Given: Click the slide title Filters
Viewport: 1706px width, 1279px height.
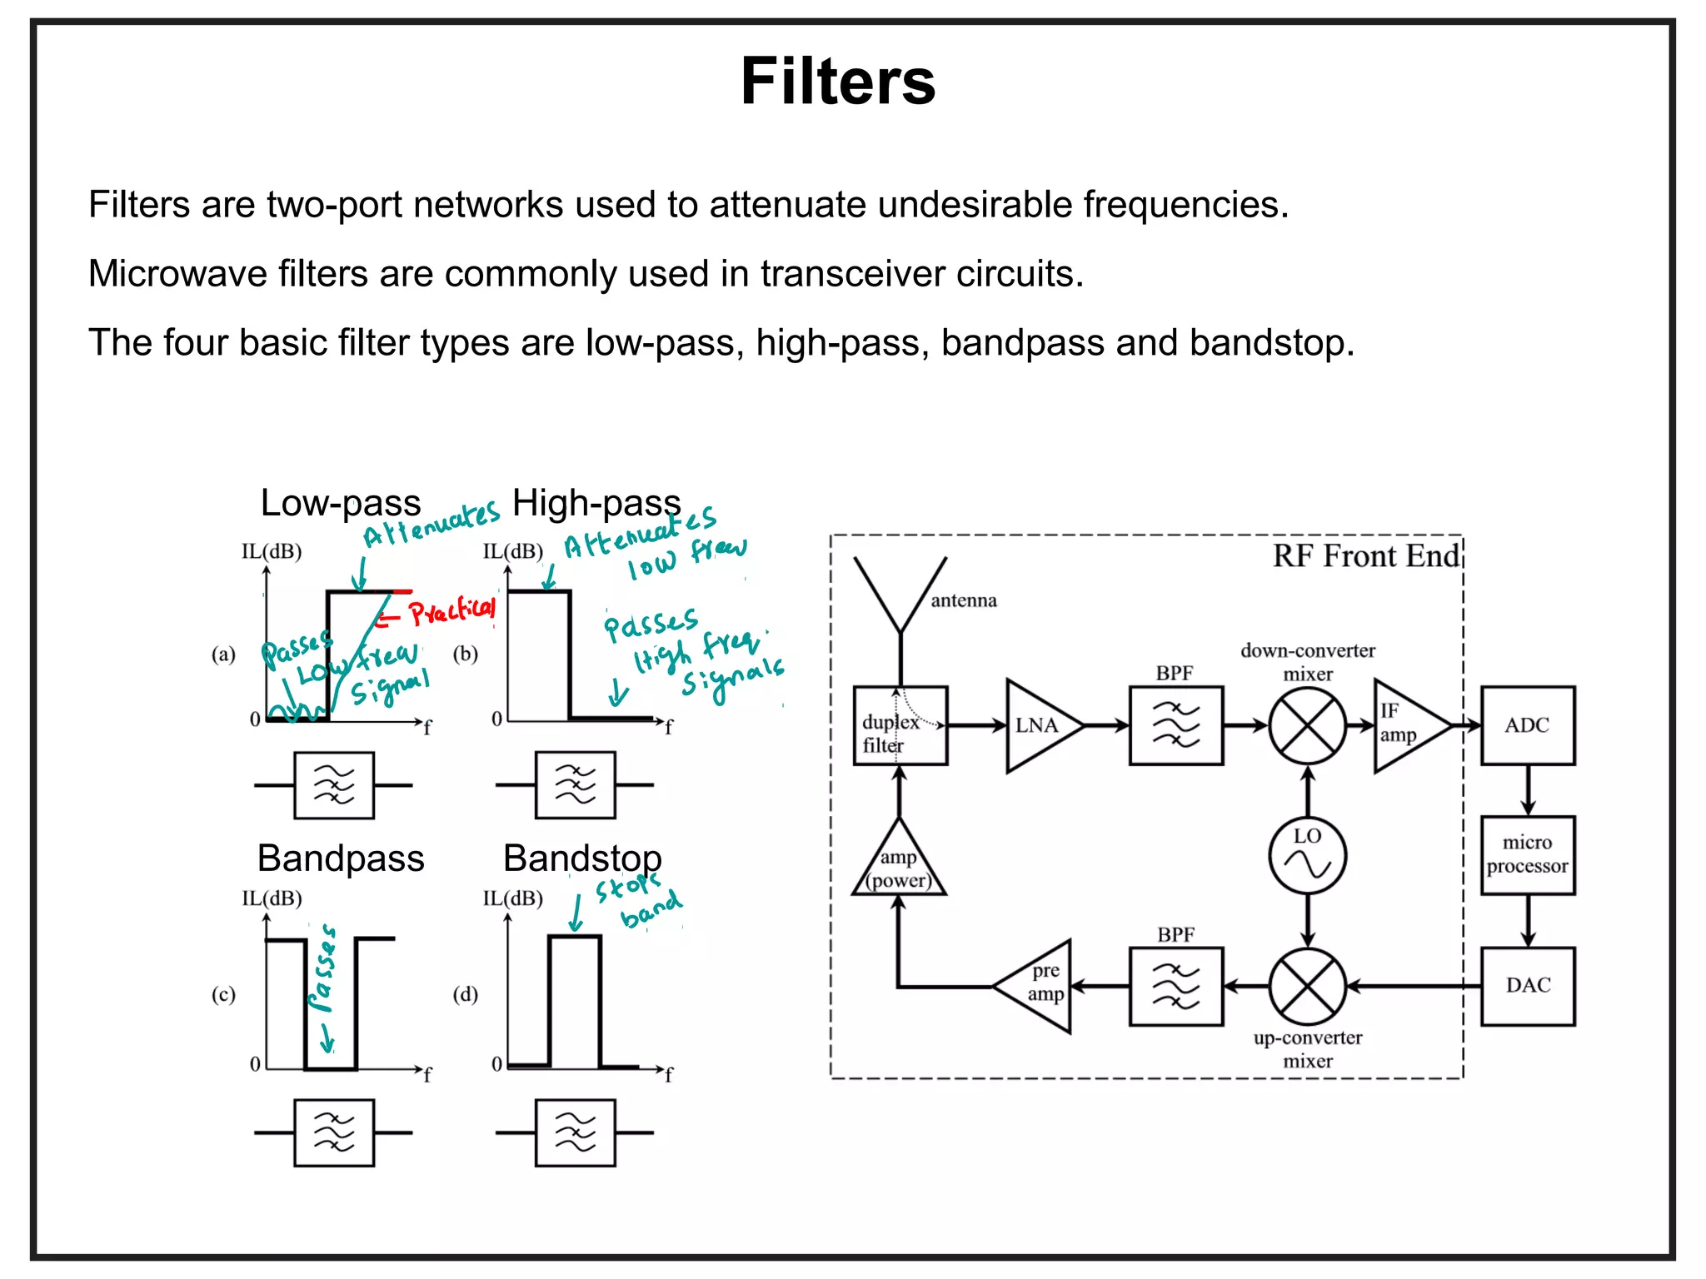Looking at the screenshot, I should pyautogui.click(x=837, y=82).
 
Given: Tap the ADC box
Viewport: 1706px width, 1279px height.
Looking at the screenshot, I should pyautogui.click(x=1527, y=725).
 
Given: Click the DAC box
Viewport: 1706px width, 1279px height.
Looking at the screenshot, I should pyautogui.click(x=1527, y=986).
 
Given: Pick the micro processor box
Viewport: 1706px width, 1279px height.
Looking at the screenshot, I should pyautogui.click(x=1527, y=855).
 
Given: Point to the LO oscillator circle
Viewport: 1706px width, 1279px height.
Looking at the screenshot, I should pyautogui.click(x=1307, y=856).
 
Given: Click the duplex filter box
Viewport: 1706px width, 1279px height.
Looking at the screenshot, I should pyautogui.click(x=900, y=725).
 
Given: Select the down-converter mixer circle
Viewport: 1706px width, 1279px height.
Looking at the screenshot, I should pyautogui.click(x=1307, y=725).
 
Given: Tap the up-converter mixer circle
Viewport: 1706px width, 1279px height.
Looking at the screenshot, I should pyautogui.click(x=1307, y=986).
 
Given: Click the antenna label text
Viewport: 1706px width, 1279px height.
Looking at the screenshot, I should pyautogui.click(x=963, y=600).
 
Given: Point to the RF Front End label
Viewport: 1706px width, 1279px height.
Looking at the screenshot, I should pyautogui.click(x=1365, y=555).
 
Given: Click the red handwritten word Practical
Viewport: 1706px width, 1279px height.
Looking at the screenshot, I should pyautogui.click(x=452, y=611).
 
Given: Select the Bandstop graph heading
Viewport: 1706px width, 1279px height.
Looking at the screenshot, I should pyautogui.click(x=582, y=858).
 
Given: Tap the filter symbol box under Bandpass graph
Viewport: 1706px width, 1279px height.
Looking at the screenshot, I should pyautogui.click(x=334, y=1132).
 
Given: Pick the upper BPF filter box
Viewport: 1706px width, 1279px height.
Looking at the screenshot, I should pyautogui.click(x=1175, y=725).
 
